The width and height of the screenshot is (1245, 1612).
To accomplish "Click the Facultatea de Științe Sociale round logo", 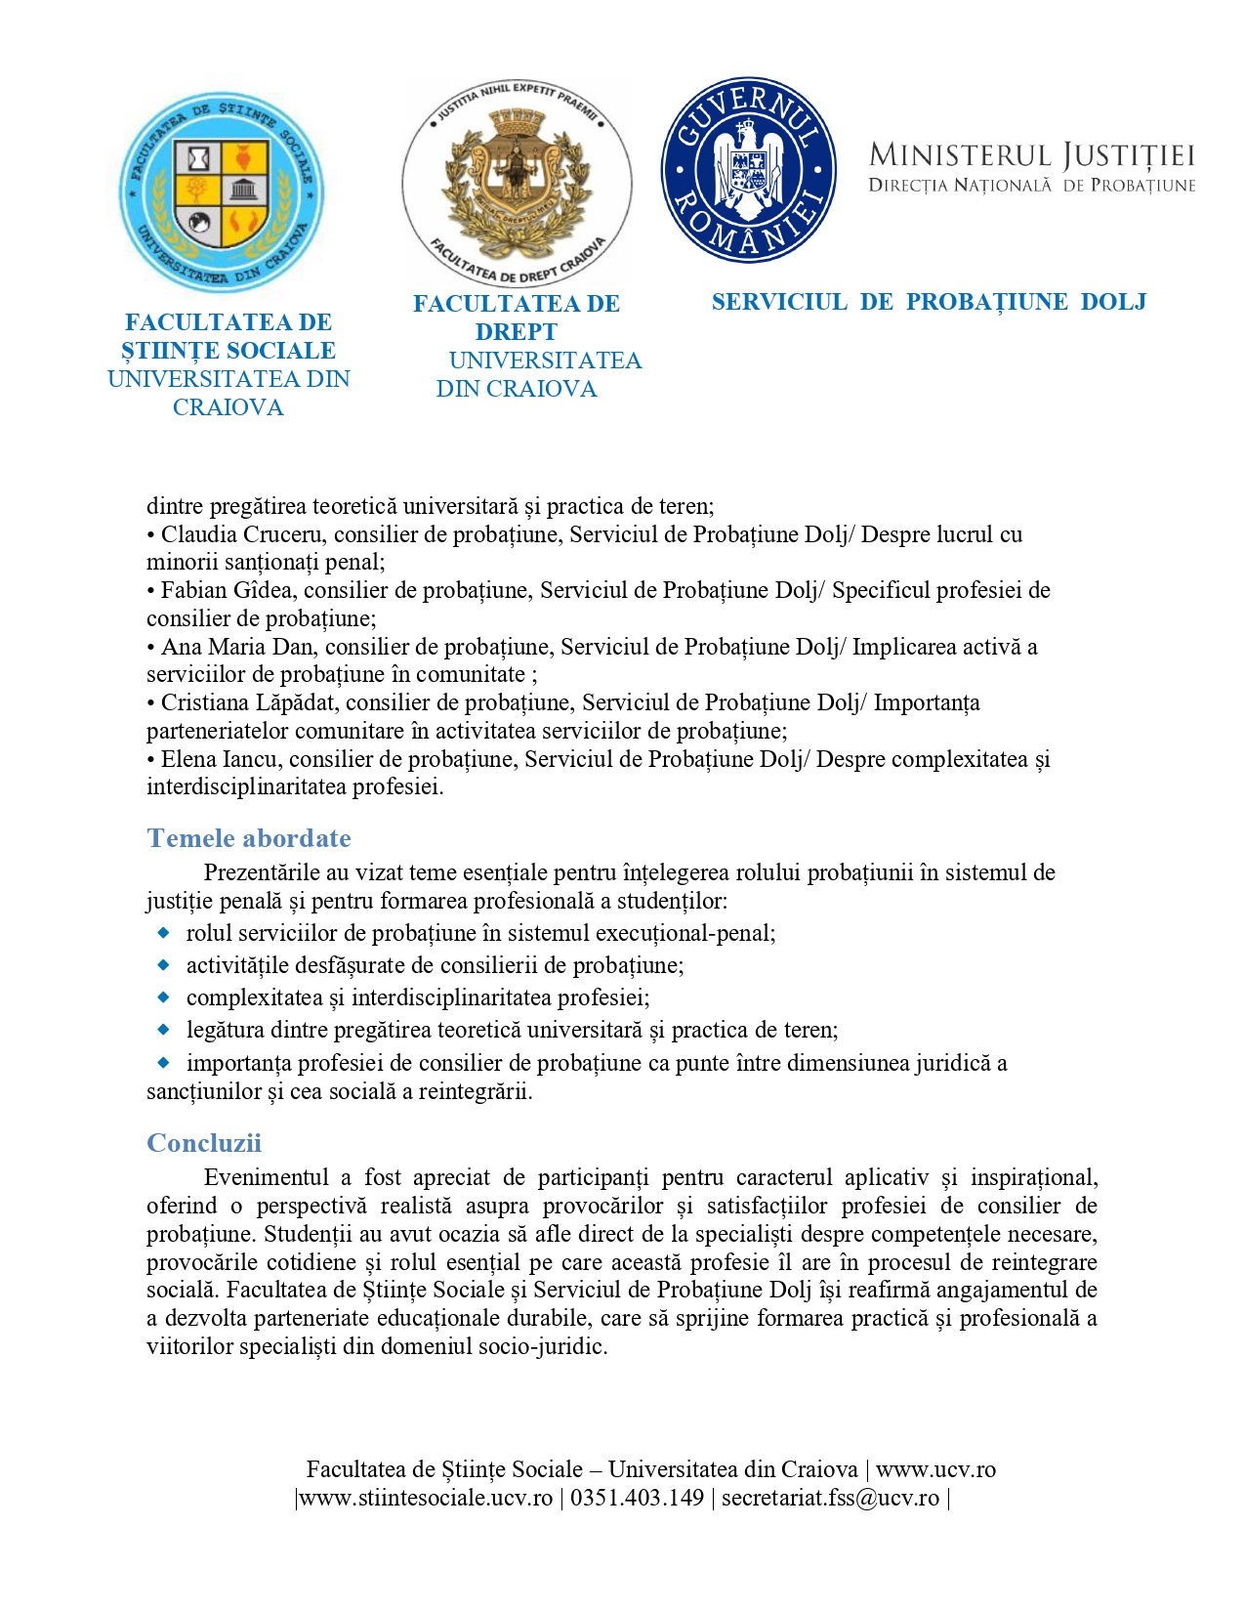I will (x=222, y=192).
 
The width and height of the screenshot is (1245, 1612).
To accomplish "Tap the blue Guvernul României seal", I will (x=748, y=170).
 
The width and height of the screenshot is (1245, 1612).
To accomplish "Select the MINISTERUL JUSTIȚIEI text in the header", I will (x=1031, y=155).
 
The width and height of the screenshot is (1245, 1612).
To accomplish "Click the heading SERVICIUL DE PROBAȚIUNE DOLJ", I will (x=929, y=302).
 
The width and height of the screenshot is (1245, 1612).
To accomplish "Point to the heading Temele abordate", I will (x=249, y=838).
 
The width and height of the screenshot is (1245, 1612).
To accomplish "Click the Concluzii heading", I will (x=204, y=1143).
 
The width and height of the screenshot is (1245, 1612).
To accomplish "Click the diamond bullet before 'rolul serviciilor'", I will (x=164, y=933).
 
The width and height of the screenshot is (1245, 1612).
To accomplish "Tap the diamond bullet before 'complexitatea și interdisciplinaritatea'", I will (x=164, y=997).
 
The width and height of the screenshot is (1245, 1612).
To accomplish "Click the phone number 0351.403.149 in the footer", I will (x=637, y=1498).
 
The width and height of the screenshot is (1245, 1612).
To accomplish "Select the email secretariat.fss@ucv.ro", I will (x=830, y=1498).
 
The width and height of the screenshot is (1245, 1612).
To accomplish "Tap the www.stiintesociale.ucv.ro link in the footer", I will (x=426, y=1498).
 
